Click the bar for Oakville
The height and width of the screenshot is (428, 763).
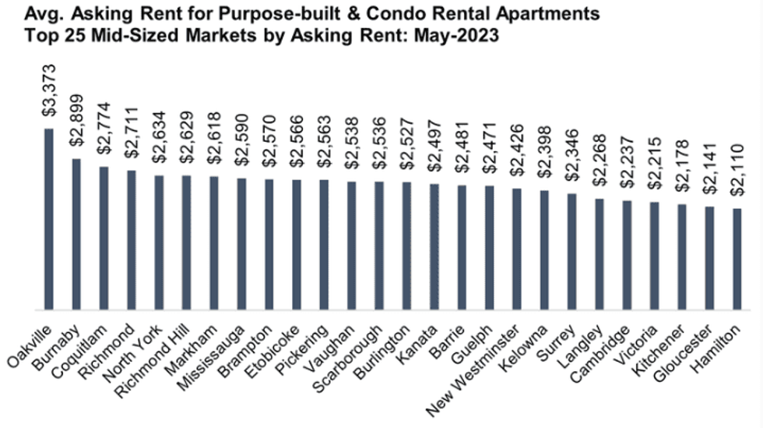[x=48, y=219]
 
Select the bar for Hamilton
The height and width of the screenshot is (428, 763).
[x=737, y=259]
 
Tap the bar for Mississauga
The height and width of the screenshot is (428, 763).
[x=241, y=244]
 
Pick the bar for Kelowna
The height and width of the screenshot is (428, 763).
[x=544, y=250]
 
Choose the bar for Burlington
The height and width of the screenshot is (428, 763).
[x=406, y=246]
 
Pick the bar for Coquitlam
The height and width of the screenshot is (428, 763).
[x=104, y=238]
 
